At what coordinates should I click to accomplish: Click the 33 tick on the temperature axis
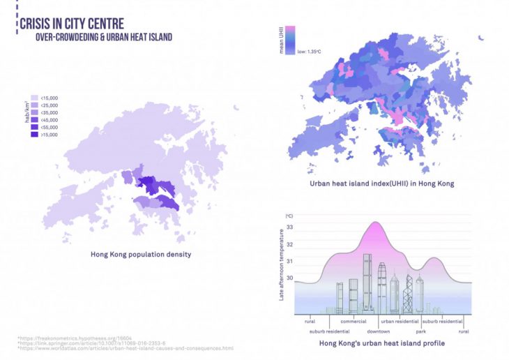pos(290,227)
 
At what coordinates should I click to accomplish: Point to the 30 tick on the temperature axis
pos(290,278)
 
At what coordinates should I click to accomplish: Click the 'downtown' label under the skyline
pos(379,330)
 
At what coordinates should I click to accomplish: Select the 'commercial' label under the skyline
pos(354,321)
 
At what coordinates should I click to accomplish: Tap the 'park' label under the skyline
pos(420,330)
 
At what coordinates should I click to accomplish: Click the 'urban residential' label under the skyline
pos(400,321)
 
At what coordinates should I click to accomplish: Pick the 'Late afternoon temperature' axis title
pos(282,264)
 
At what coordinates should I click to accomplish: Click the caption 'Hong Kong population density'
pos(141,254)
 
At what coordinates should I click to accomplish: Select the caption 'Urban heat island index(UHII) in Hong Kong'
pos(381,183)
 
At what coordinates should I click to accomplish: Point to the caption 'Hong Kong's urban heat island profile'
pos(381,343)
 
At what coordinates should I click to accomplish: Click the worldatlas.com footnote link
pos(126,347)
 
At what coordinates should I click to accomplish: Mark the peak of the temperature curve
pos(376,222)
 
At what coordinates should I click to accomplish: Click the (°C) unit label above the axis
pos(289,216)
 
